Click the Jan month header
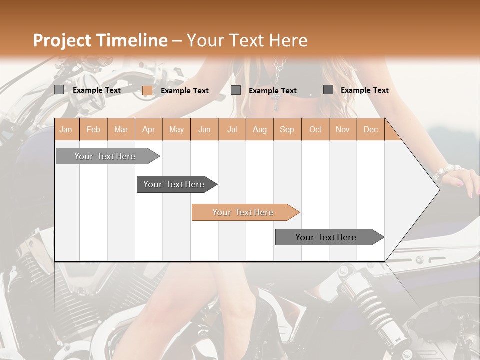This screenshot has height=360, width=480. (66, 130)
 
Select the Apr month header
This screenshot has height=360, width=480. (148, 130)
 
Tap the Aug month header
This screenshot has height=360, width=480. (259, 130)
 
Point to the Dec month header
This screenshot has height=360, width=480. (370, 130)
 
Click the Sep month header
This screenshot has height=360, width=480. (287, 130)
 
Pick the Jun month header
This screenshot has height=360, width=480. (204, 130)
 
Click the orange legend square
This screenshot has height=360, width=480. (147, 90)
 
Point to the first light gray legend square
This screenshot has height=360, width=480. (59, 90)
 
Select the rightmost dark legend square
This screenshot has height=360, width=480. (328, 90)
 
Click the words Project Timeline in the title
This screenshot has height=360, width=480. (100, 40)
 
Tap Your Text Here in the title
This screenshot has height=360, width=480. (247, 40)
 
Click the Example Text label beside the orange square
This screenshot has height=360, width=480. (184, 91)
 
